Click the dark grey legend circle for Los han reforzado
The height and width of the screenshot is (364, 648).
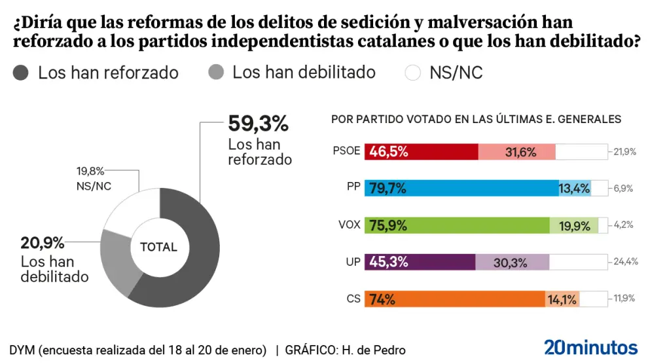pyautogui.click(x=22, y=72)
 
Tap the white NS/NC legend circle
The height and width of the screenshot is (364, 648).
pyautogui.click(x=413, y=72)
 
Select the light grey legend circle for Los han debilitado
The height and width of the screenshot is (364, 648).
pyautogui.click(x=217, y=72)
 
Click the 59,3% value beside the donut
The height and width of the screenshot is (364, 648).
pyautogui.click(x=258, y=123)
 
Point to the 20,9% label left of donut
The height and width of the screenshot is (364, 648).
pyautogui.click(x=43, y=244)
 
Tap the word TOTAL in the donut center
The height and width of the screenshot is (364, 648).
pyautogui.click(x=158, y=247)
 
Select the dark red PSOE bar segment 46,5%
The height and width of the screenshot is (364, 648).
pyautogui.click(x=421, y=152)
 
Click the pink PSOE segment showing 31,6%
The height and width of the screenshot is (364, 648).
pyautogui.click(x=517, y=152)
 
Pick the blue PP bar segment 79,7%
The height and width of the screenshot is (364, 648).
pyautogui.click(x=461, y=189)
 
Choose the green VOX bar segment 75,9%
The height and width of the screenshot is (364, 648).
pyautogui.click(x=456, y=225)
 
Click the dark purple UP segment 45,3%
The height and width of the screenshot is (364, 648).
pyautogui.click(x=420, y=262)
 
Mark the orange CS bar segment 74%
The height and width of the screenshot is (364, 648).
pyautogui.click(x=454, y=299)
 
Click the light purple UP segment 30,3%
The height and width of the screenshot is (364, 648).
pyautogui.click(x=512, y=262)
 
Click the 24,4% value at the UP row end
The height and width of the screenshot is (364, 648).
pyautogui.click(x=624, y=262)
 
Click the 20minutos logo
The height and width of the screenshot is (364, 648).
pyautogui.click(x=590, y=347)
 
